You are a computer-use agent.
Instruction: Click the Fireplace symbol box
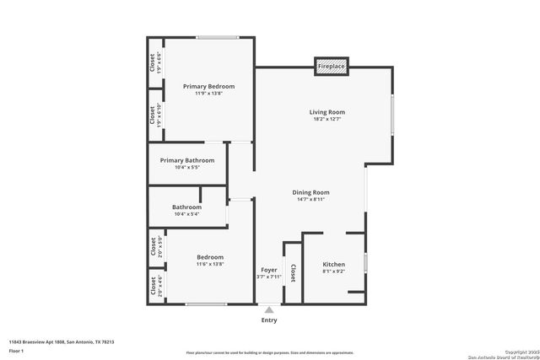pos(331,66)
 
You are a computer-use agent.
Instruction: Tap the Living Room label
pos(327,112)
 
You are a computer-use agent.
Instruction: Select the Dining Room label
pos(310,192)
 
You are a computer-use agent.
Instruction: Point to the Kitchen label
pos(334,264)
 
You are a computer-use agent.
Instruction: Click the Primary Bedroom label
pos(209,86)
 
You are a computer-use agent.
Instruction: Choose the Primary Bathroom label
pos(187,160)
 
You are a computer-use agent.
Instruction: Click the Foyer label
pos(268,270)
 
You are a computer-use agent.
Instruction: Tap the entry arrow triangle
pos(269,309)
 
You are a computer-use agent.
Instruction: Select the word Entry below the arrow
pos(269,320)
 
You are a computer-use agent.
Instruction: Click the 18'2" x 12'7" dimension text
pos(327,120)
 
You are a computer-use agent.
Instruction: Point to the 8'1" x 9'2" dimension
pos(334,271)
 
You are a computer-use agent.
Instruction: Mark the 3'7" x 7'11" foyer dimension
pos(268,277)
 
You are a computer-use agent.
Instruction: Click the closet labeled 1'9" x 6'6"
pos(155,63)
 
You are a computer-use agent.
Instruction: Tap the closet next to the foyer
pos(292,273)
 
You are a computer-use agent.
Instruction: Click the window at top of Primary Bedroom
pos(217,36)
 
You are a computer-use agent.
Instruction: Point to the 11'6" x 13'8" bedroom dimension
pos(210,265)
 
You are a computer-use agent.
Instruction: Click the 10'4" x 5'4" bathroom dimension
pos(186,214)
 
